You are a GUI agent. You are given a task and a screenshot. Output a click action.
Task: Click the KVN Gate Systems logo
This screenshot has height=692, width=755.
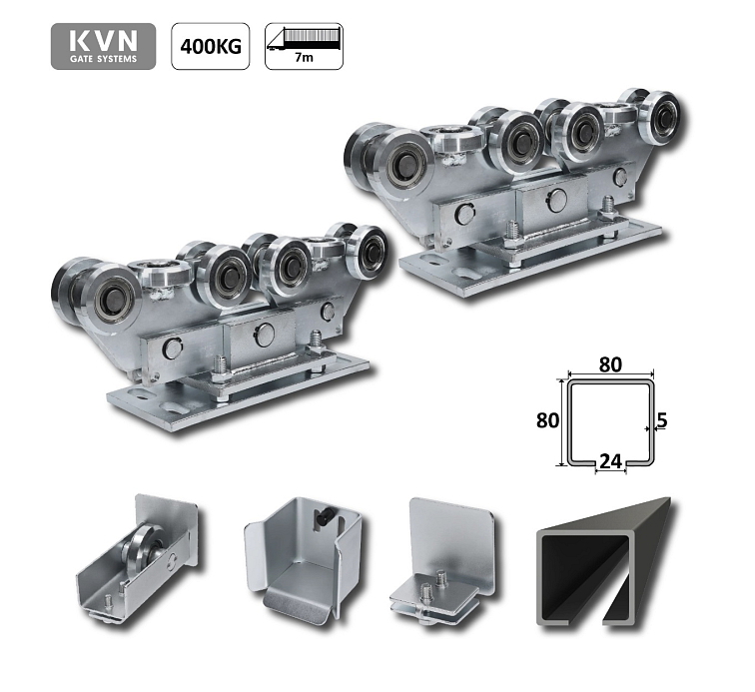coord(103,46)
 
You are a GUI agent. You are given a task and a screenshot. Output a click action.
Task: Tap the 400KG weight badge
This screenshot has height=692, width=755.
coord(211,46)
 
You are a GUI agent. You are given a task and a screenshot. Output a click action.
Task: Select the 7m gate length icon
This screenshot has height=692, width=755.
coord(304,46)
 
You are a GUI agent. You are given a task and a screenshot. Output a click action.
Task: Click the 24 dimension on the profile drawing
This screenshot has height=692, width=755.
coord(610,461)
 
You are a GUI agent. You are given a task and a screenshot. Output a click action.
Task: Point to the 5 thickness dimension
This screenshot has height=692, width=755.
coord(662,420)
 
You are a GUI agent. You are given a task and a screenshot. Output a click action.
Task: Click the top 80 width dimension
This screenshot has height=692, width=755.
coord(610,364)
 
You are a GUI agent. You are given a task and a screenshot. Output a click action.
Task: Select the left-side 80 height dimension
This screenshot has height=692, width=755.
coord(548,420)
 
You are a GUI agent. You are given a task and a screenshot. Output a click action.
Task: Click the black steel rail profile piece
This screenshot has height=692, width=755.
coord(604,563)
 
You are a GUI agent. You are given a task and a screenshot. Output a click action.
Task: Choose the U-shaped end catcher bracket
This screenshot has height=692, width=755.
coord(304,558)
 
